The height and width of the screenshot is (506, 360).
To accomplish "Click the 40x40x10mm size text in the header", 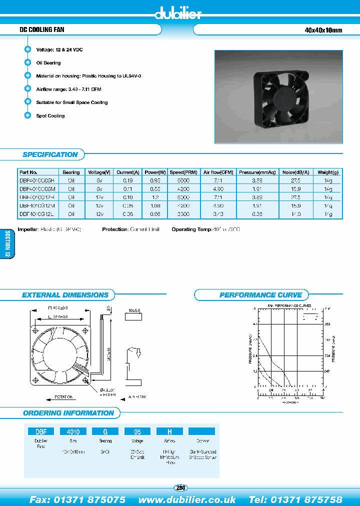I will pos(323,30).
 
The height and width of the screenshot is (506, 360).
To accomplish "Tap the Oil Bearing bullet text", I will pos(48,63).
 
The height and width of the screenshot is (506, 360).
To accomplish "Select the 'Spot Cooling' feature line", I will pos(50,116).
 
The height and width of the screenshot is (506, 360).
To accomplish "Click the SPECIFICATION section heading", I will pos(50,154).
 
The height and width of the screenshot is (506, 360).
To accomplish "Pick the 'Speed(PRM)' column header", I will pos(183,172).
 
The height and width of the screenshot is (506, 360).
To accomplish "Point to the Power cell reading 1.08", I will pos(154,205).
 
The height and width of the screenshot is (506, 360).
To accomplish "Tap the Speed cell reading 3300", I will pos(183,214).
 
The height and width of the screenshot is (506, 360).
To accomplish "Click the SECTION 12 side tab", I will pos(7,244).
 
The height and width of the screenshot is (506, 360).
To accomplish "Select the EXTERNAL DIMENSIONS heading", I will pos(65,295).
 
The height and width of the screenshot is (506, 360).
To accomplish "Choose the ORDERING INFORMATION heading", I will pos(68,413).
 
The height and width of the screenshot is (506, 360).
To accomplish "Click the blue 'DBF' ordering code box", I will pos(40,431).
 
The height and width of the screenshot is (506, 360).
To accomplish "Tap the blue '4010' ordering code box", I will pos(73,431).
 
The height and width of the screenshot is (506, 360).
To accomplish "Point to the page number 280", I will pos(180,487).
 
